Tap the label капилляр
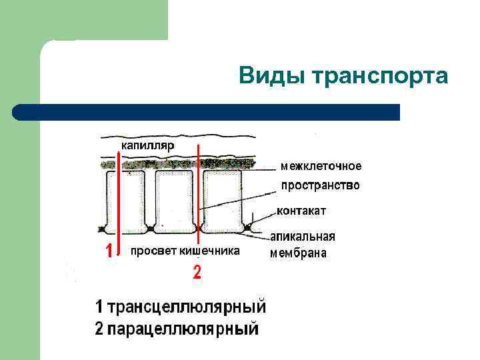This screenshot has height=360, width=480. [x=147, y=145]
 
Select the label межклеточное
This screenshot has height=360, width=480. [x=321, y=165]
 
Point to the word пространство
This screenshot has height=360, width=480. [x=321, y=185]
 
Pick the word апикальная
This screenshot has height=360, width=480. [x=303, y=237]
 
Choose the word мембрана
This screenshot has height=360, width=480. [x=298, y=253]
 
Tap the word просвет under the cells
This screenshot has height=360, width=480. [x=153, y=251]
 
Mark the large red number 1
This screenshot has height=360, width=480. [x=107, y=251]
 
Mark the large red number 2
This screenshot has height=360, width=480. [x=197, y=272]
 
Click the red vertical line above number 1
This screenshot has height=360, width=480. [x=118, y=200]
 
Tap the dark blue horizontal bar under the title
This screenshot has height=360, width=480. [x=207, y=111]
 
